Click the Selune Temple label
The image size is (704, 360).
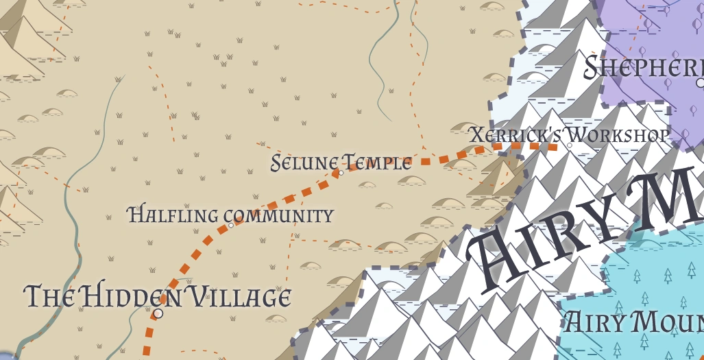[341, 163]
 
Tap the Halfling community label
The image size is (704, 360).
[230, 215]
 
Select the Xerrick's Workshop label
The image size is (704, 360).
[569, 134]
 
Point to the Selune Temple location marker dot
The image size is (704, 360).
[341, 173]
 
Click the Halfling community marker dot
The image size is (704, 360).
[231, 225]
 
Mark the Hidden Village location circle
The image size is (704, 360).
[158, 313]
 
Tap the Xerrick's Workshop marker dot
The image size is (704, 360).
[569, 145]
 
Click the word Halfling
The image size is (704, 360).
[172, 215]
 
